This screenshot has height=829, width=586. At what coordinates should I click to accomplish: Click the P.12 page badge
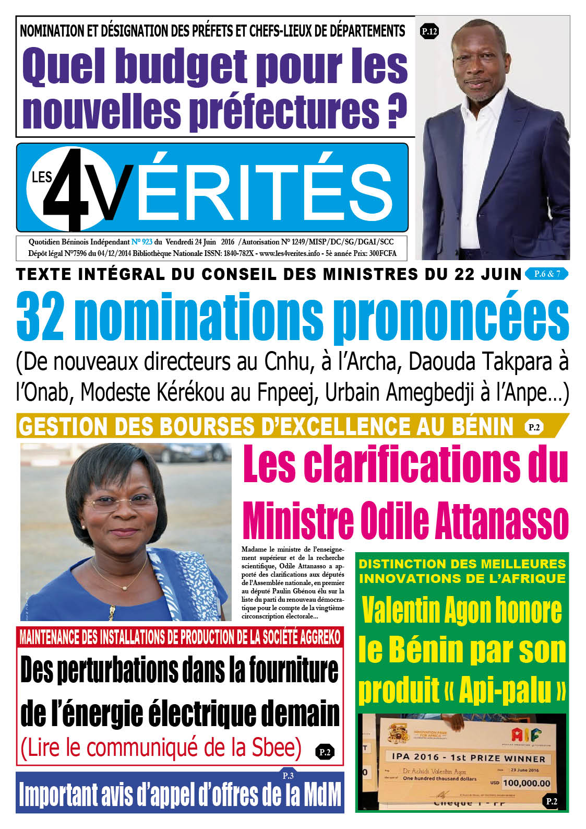pos(429,32)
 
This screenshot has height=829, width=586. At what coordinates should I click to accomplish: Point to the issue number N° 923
pos(141,242)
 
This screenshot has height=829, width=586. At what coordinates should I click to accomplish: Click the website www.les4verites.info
pos(289,253)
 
